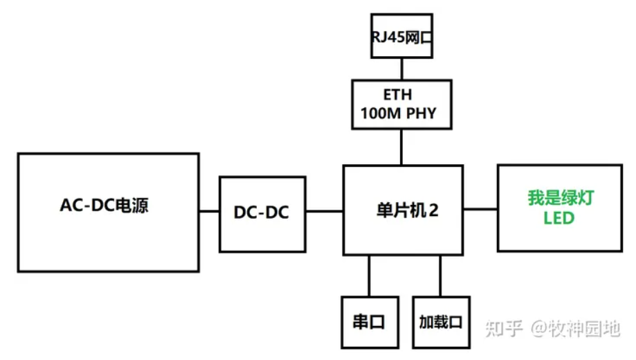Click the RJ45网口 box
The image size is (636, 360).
click(401, 36)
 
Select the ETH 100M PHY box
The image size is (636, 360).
click(401, 104)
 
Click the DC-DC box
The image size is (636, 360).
click(261, 214)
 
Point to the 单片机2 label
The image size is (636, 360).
click(403, 210)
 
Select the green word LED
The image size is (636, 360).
click(559, 219)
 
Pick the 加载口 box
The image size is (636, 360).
click(440, 322)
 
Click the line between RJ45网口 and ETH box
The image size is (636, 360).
click(401, 69)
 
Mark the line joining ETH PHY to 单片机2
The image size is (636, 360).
click(401, 146)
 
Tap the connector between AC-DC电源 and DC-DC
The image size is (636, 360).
click(210, 210)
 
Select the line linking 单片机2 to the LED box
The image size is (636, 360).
click(480, 208)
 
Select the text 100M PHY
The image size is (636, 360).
click(399, 113)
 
